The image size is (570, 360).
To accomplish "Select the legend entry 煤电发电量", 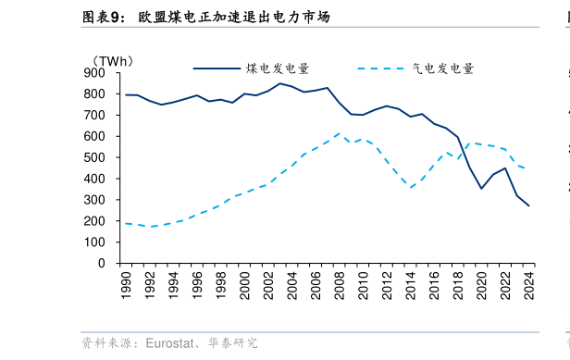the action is click(x=278, y=68).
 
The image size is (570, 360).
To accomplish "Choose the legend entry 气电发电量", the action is click(x=442, y=68).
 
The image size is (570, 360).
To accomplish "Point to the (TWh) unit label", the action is click(x=113, y=61).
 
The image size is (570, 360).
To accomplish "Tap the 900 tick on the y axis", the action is click(x=94, y=73).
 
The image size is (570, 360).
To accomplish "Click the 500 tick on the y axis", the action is click(x=94, y=157).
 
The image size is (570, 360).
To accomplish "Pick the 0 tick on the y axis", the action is click(x=102, y=263).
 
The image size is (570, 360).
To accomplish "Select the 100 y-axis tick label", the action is click(x=94, y=242).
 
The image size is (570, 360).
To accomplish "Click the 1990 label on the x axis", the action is click(x=126, y=285).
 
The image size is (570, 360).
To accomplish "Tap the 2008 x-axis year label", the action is click(x=340, y=285).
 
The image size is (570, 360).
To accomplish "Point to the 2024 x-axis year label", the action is click(x=529, y=285).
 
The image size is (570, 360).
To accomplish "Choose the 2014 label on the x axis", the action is click(x=411, y=285).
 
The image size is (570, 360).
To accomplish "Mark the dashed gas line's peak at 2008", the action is click(x=340, y=133).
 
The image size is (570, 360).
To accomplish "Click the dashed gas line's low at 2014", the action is click(x=411, y=188).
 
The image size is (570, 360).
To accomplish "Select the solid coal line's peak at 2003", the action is click(x=279, y=83).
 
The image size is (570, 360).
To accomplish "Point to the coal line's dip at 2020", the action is click(x=481, y=189).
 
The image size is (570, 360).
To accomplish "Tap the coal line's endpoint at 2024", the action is click(x=529, y=205).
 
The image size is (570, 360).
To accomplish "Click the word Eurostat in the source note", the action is click(x=170, y=343).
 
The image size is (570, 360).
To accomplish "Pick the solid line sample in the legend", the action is click(x=217, y=68).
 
